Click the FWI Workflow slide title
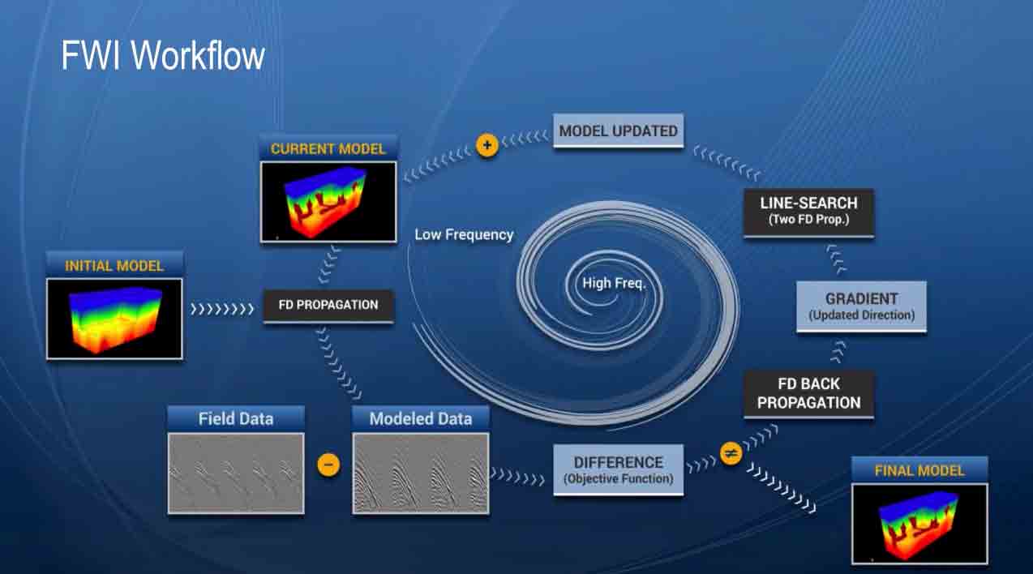[x=163, y=56]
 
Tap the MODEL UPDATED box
[x=618, y=131]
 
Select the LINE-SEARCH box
[x=808, y=211]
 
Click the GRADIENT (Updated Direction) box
[x=861, y=306]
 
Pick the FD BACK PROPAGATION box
[x=808, y=393]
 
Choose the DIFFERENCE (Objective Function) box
[x=618, y=469]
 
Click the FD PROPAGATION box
[x=328, y=306]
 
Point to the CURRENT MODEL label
[x=328, y=148]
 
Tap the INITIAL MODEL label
[x=114, y=265]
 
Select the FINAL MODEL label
[x=919, y=470]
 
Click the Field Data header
[x=236, y=418]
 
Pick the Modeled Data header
[x=420, y=418]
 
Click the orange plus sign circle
[x=486, y=147]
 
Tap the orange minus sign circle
[x=328, y=465]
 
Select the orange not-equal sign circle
[x=731, y=454]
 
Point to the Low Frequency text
[x=464, y=234]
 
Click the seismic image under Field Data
[x=236, y=473]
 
